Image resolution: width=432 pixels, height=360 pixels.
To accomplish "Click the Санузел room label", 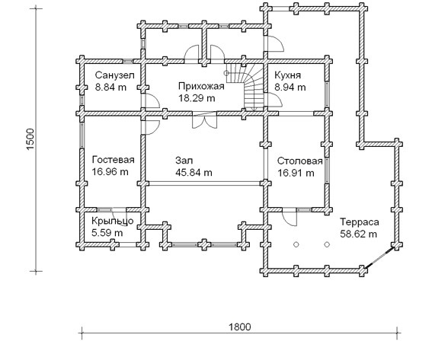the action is pos(114,75).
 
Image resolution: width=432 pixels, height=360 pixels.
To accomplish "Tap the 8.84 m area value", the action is pos(110,88).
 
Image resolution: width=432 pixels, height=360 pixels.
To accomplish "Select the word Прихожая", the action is pos(201,86).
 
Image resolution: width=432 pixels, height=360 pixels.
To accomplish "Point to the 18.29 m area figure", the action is pos(197,98).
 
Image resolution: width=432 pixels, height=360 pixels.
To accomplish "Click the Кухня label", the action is pos(288,75).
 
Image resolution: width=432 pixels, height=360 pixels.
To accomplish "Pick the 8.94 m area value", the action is pos(290,88).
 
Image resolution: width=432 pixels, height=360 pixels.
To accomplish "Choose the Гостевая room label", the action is pos(114,160).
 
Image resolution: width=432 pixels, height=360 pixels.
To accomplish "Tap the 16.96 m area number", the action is pos(110,172).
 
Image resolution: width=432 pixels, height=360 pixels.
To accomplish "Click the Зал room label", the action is pos(184,161).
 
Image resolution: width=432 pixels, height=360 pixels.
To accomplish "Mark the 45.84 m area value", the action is pos(194,173).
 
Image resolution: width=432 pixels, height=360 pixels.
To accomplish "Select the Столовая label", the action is pos(299,161).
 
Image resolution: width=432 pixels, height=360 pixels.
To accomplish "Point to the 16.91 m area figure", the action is pos(296,173).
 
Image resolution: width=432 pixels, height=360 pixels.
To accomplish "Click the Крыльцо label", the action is pos(113,221).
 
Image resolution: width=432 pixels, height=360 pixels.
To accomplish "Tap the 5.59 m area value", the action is pos(107,233).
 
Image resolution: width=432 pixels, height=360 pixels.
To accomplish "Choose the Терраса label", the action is pos(360,222).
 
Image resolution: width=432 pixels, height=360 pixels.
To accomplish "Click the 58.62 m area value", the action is pos(358,234).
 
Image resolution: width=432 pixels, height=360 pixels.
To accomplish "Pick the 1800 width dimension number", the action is pos(240,327).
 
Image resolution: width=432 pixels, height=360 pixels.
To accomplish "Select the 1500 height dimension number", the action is pos(30,139).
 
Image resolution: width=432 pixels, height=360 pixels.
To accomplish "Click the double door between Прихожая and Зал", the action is pos(204,120).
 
